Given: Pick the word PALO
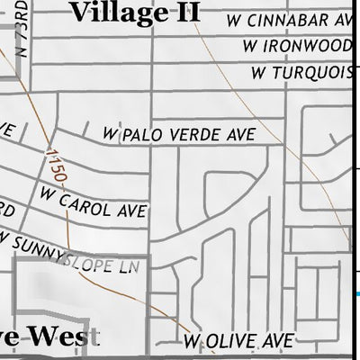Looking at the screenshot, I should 142,135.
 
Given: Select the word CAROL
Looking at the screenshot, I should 85,202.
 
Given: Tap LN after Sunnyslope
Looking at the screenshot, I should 131,267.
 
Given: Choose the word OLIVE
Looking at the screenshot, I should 230,341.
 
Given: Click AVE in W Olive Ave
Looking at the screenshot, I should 276,341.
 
